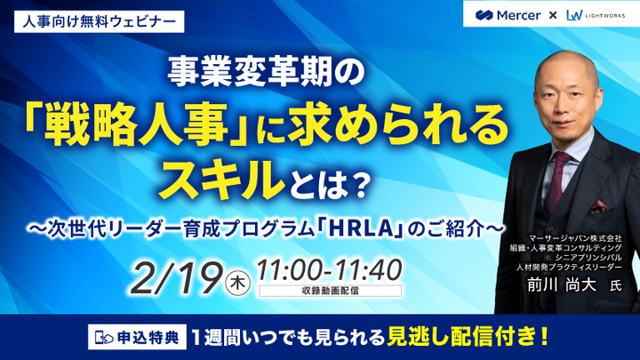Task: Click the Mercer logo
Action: click(508, 14)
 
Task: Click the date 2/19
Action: click(178, 277)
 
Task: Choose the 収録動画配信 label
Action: click(328, 291)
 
